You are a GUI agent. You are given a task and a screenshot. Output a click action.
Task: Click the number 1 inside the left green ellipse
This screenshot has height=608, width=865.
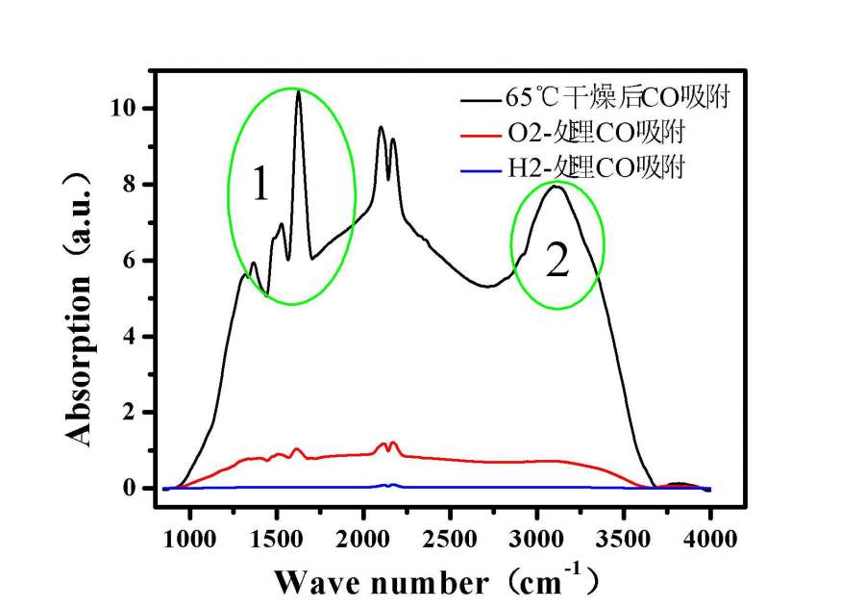[259, 184]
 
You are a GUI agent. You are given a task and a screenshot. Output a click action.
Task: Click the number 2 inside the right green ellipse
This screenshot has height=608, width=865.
[557, 260]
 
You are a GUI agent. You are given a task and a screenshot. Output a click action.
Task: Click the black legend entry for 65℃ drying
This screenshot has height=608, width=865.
[597, 97]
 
